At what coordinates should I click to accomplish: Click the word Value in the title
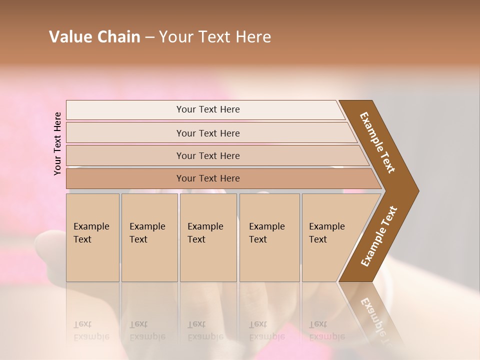[69, 37]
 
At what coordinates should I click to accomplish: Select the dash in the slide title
[149, 37]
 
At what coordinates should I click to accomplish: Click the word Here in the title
[253, 37]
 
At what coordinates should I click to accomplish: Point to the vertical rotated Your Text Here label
[57, 143]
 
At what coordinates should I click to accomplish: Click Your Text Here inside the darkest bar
[208, 178]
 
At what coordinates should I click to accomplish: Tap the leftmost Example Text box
[92, 237]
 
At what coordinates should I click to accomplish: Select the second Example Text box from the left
[149, 237]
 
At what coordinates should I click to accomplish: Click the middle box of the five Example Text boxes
[208, 237]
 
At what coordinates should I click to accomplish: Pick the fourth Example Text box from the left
[269, 237]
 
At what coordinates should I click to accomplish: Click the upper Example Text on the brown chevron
[378, 142]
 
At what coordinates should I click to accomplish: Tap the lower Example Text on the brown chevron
[379, 236]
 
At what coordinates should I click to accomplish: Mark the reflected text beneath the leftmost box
[91, 331]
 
